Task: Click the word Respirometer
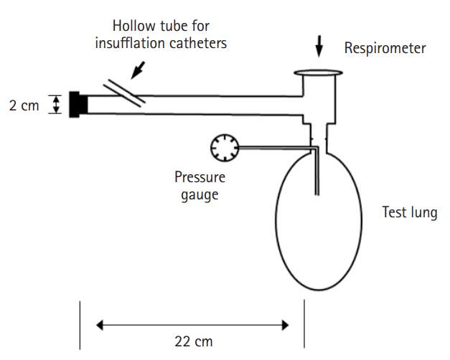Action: pyautogui.click(x=385, y=49)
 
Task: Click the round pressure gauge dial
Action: pyautogui.click(x=223, y=148)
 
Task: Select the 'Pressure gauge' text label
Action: pyautogui.click(x=200, y=185)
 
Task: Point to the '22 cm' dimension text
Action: pyautogui.click(x=194, y=341)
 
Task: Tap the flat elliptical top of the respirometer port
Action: pyautogui.click(x=319, y=72)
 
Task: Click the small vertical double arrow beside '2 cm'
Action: pyautogui.click(x=56, y=105)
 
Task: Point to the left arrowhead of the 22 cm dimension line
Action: pyautogui.click(x=101, y=326)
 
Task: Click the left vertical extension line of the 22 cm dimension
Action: pyautogui.click(x=79, y=324)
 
